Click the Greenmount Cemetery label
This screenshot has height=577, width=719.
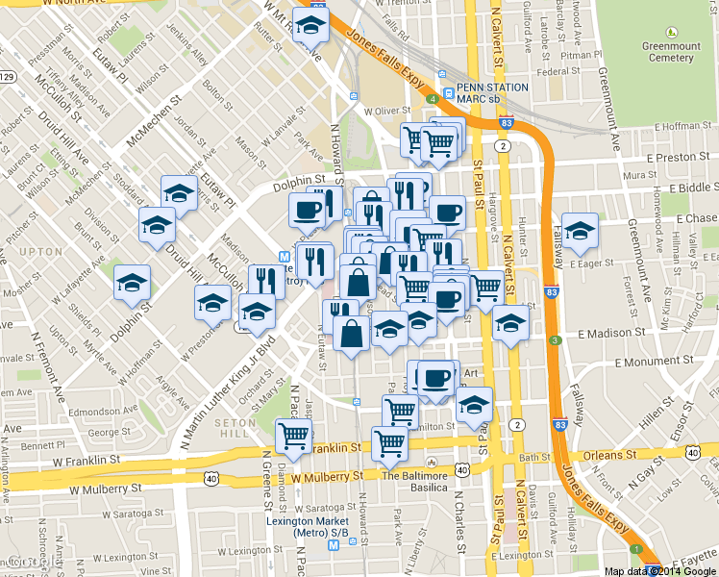668,50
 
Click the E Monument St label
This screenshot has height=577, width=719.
654,362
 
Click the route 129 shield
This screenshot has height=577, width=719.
7,76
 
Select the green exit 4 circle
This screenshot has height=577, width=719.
434,98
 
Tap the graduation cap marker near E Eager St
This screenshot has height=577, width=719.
580,231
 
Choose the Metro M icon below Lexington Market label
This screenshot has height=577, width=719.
334,545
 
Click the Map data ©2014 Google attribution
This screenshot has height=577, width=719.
658,570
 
